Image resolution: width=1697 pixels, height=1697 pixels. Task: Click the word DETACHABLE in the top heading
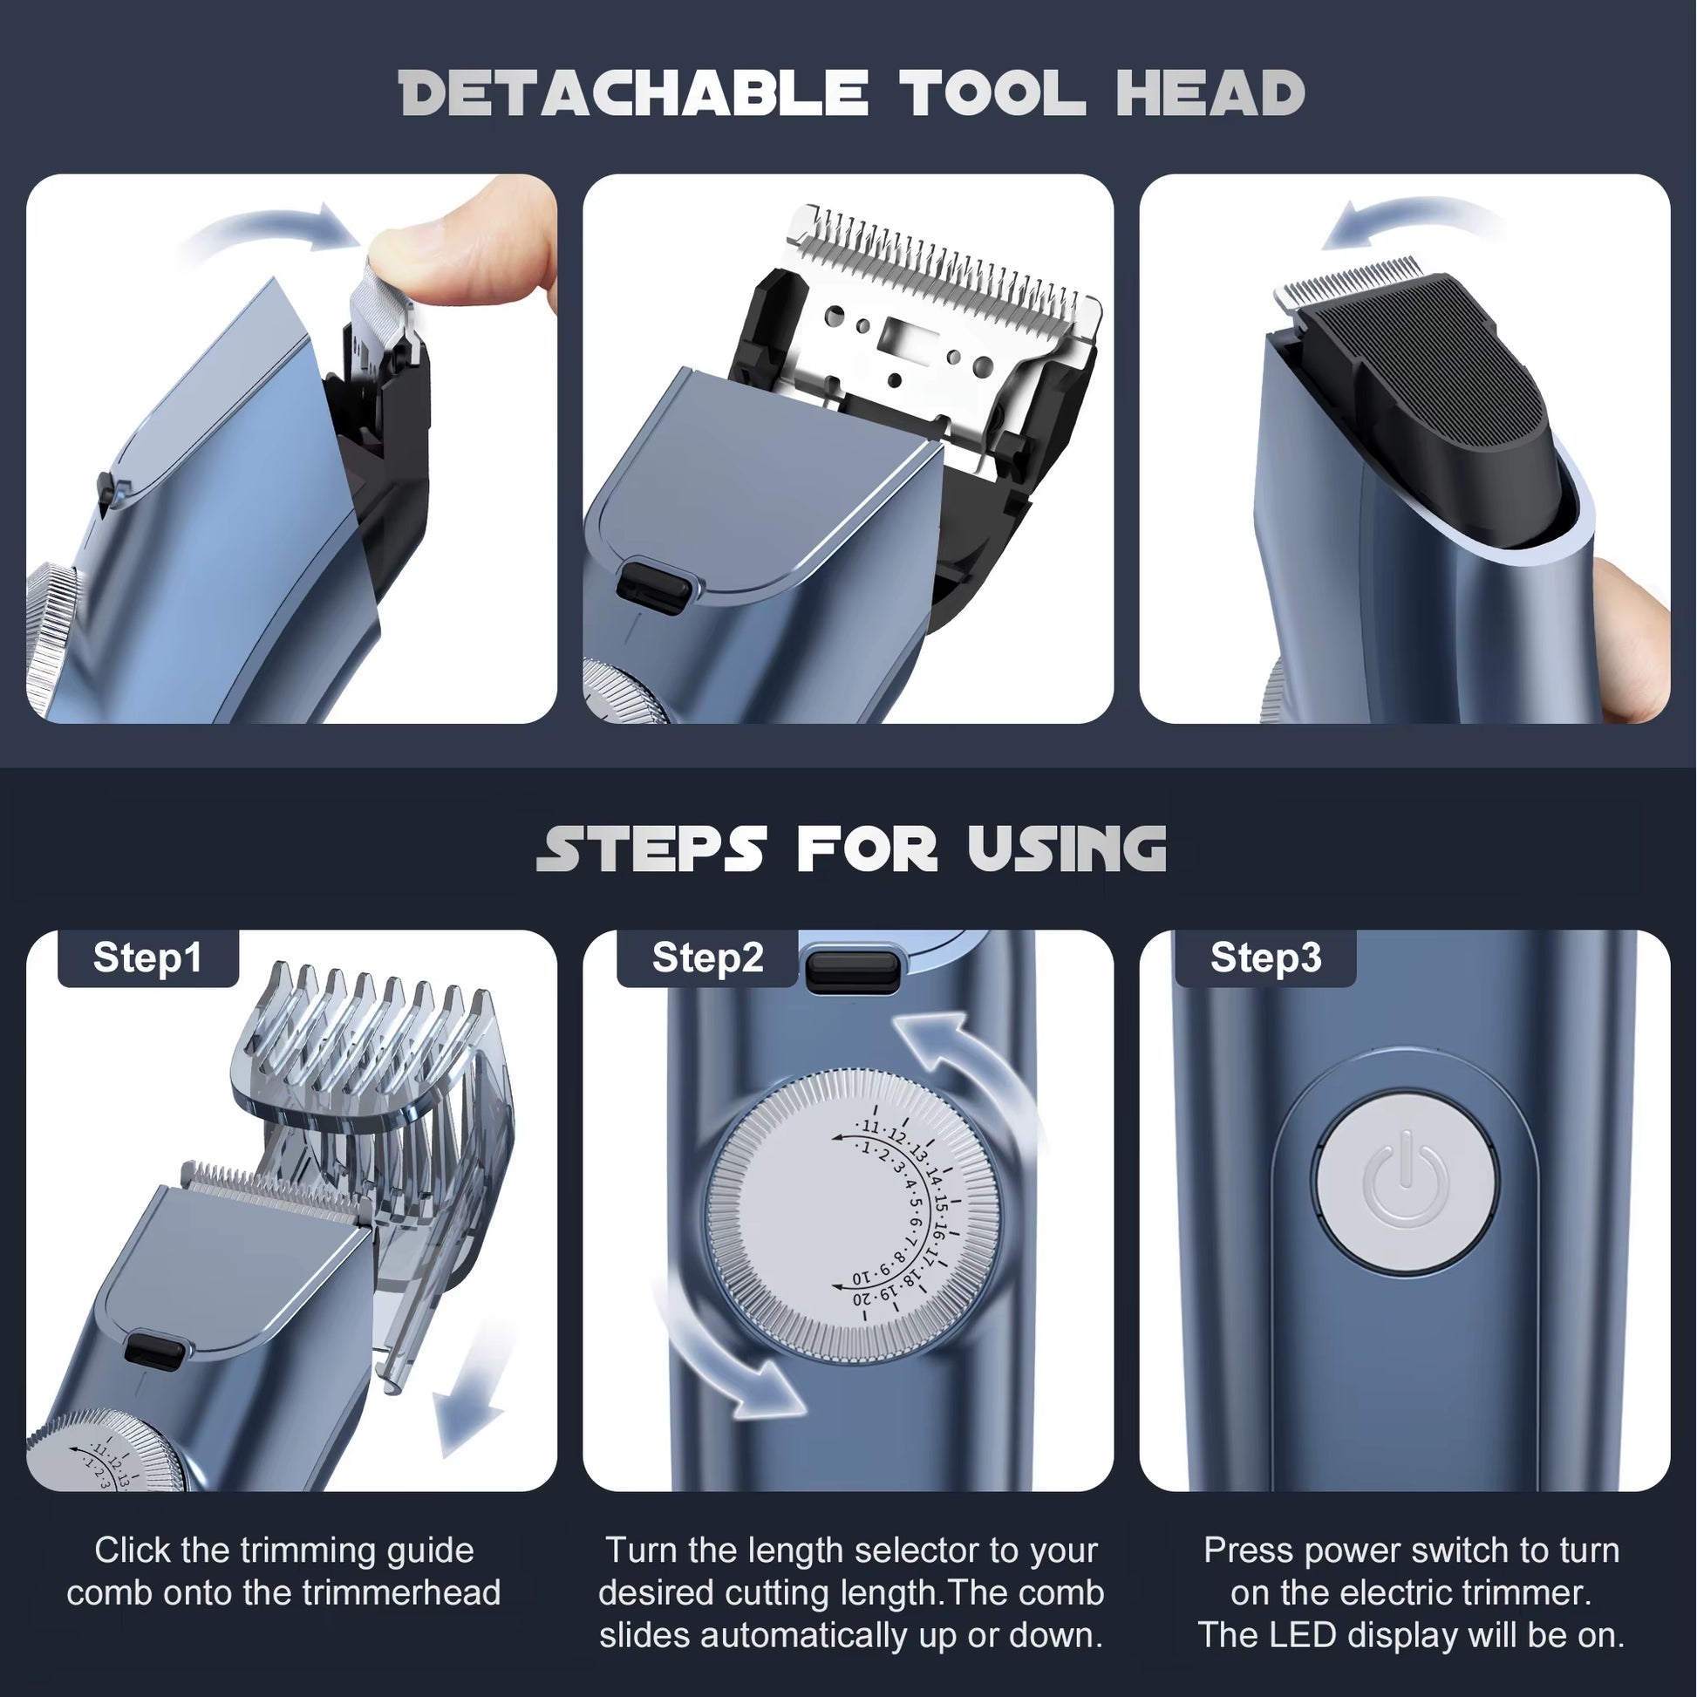coord(632,93)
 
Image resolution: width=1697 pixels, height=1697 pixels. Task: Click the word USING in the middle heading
coord(1067,849)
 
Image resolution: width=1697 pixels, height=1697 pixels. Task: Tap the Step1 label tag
coord(147,958)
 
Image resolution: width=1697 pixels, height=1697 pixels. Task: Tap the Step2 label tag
coord(707,958)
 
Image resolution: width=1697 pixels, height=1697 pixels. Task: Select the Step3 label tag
coord(1264,958)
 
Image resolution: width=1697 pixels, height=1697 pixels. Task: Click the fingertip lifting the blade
coord(457,255)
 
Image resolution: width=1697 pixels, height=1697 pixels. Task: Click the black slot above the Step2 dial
coord(852,971)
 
